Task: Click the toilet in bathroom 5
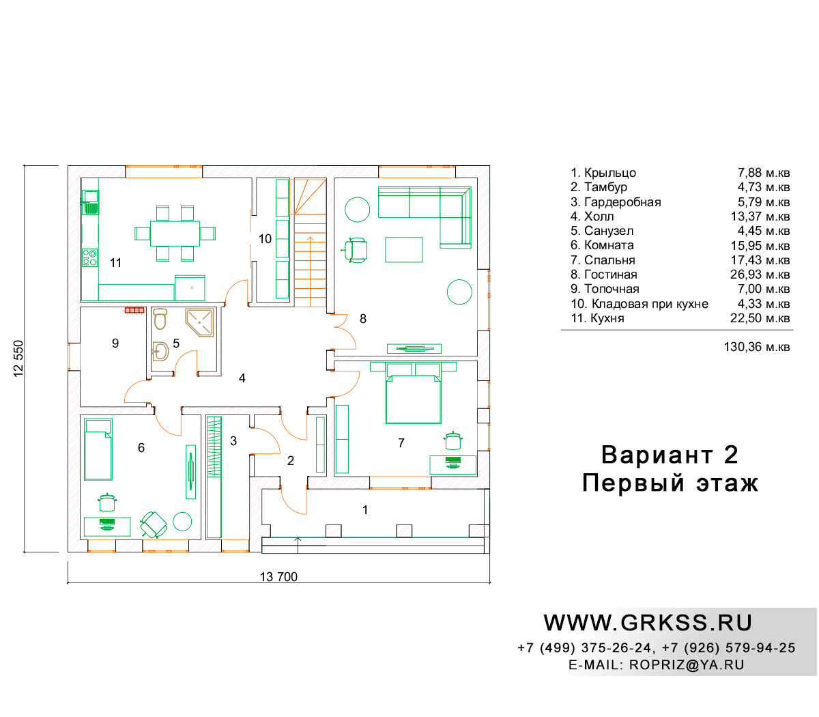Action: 160,319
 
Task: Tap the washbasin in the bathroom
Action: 160,351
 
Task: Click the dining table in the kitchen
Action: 175,233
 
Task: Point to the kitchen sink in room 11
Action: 91,202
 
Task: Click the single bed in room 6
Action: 98,449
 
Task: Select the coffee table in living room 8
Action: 404,249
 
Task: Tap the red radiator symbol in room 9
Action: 134,309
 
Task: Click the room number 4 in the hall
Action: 242,378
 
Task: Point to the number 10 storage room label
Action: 265,239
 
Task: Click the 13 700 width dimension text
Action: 278,576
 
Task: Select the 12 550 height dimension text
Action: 18,358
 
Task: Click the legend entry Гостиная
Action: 603,275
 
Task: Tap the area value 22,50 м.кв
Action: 760,318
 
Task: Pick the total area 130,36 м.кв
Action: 757,346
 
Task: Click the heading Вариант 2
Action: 670,455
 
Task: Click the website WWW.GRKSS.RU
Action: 648,623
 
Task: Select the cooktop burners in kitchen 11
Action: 89,257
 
